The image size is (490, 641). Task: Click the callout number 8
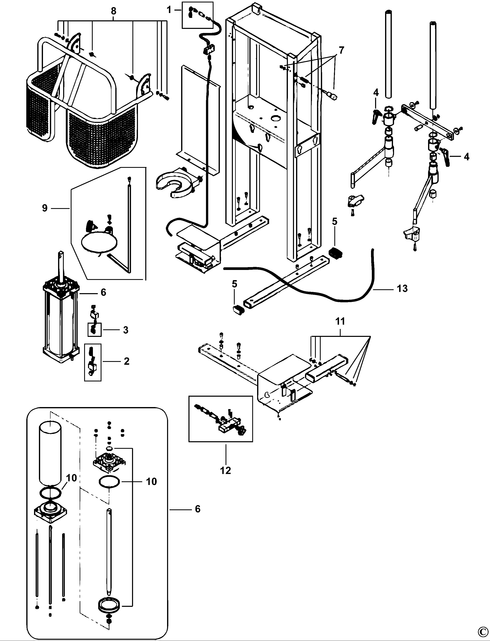coord(113,11)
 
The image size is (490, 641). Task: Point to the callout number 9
coord(45,208)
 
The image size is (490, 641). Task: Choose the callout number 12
coord(226,470)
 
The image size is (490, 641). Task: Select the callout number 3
coord(126,330)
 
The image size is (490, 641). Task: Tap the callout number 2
coord(126,361)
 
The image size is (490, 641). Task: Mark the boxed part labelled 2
coord(93,362)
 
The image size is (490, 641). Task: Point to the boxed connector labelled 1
coord(197,15)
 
